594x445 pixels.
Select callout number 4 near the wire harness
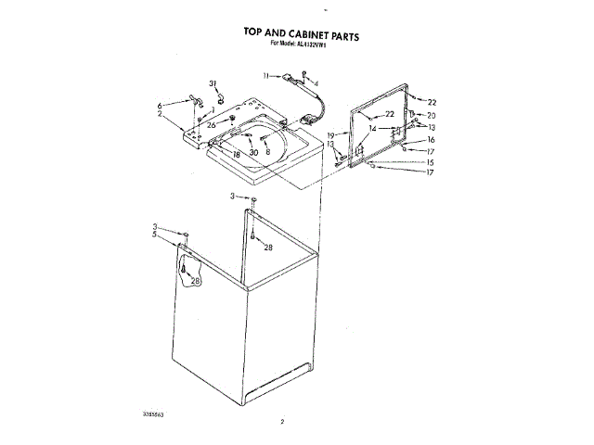coord(316,83)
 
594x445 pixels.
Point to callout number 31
coord(212,83)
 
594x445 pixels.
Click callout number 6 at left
coord(160,105)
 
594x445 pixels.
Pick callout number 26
coord(211,125)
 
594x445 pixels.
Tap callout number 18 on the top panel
coord(237,153)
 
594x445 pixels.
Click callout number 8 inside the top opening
coord(267,152)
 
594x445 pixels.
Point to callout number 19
coord(330,135)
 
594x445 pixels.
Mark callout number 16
coord(431,139)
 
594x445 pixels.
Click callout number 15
coord(431,162)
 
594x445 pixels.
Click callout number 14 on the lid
coord(371,128)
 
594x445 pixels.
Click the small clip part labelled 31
coord(221,96)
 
